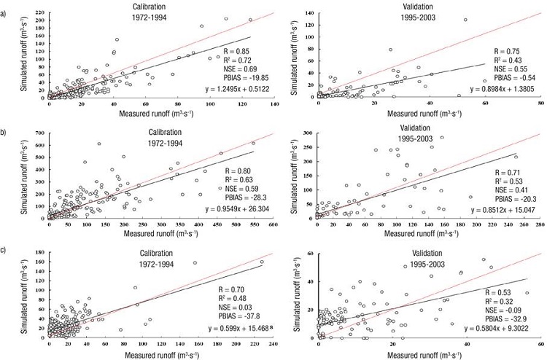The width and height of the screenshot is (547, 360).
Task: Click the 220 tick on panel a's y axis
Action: tap(36, 12)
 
